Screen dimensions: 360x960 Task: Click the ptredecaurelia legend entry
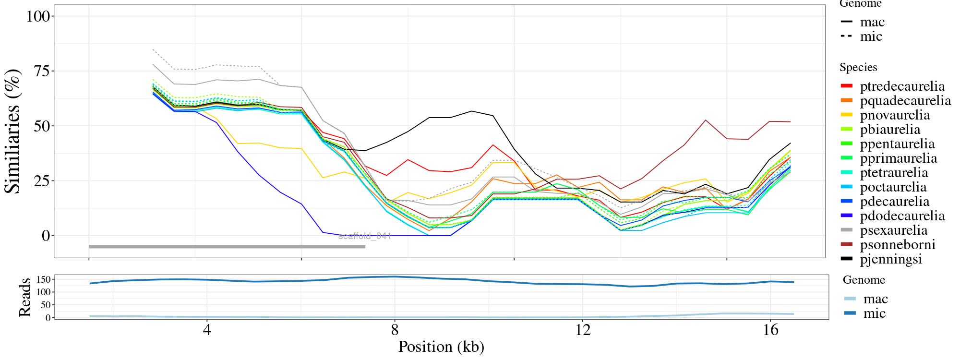tap(902, 86)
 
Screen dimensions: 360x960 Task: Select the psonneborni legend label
tap(898, 245)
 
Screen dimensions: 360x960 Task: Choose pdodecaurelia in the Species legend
tap(902, 216)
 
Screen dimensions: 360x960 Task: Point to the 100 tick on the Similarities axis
tap(38, 16)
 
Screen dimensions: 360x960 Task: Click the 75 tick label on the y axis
tap(44, 71)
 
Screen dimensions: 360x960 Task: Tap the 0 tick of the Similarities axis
tap(46, 236)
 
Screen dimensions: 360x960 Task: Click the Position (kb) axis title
tap(441, 347)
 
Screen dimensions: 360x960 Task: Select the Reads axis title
tap(25, 297)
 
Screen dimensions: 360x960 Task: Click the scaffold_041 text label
tap(365, 236)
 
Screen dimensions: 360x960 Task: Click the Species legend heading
tap(858, 68)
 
